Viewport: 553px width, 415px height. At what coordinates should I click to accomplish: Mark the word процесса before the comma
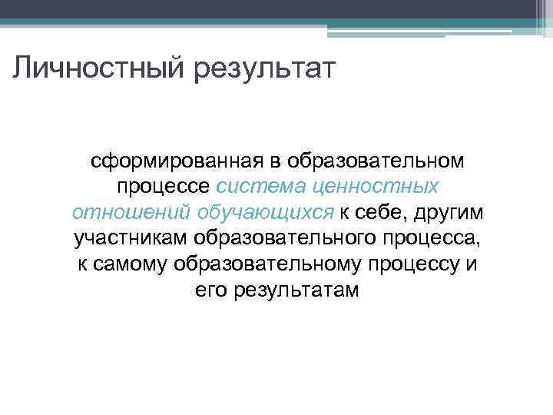point(435,238)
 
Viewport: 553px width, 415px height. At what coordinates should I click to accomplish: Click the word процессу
point(420,264)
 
